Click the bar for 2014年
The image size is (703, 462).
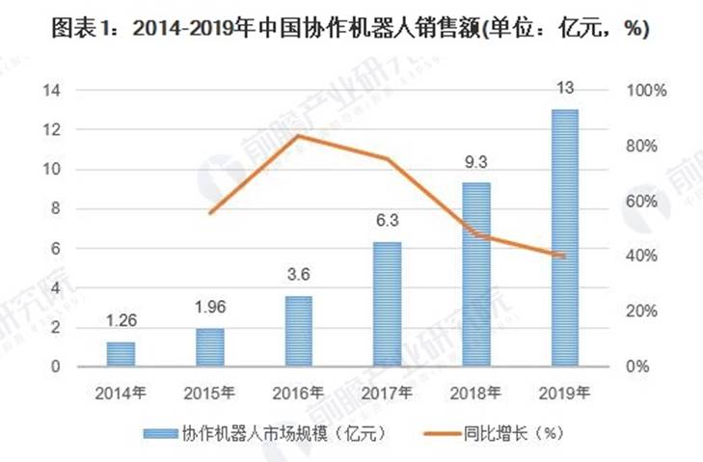(122, 354)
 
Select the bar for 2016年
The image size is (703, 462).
(299, 331)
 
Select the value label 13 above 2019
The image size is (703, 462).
(565, 89)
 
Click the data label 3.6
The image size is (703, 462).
(299, 276)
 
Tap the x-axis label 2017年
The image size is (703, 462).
(388, 393)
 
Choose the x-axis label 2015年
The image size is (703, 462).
(209, 393)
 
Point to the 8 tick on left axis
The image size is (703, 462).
(56, 208)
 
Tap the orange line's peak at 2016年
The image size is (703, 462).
(299, 135)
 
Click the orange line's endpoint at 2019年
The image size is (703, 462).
(564, 256)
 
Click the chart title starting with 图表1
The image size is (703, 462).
(351, 30)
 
